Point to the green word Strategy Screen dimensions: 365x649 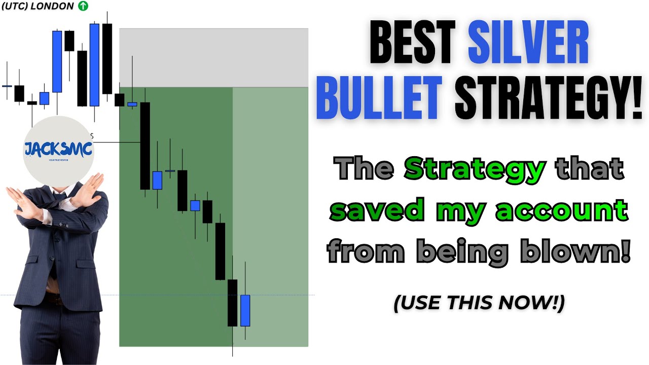475,169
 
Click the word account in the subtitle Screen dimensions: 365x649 562,210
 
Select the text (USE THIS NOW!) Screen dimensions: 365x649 479,303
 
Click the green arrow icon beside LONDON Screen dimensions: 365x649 83,6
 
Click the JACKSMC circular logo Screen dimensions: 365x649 58,150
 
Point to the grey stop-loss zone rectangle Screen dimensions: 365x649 213,58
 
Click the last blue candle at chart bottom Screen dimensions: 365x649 245,310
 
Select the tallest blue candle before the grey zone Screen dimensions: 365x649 94,65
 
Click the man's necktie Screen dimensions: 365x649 59,199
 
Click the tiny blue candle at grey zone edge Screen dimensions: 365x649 132,104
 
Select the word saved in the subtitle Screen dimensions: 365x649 376,210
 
